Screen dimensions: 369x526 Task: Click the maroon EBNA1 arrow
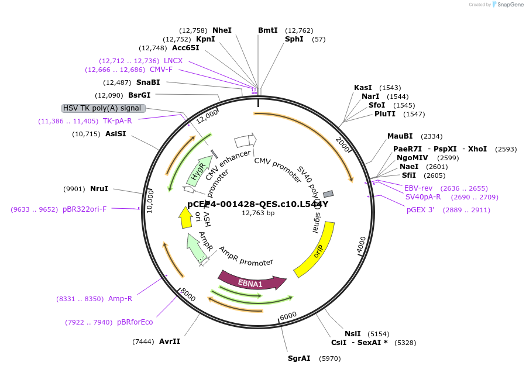pos(252,281)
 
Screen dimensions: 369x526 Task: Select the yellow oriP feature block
pos(315,249)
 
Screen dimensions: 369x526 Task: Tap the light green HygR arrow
pos(200,170)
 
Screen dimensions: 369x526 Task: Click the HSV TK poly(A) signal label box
pos(103,108)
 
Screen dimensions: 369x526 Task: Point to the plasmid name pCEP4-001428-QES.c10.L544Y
pos(257,204)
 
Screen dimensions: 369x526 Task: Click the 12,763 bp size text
pos(258,213)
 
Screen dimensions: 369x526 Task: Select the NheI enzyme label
pos(222,30)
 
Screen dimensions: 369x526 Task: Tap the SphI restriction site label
pos(294,39)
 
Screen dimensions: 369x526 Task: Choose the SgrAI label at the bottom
pos(299,358)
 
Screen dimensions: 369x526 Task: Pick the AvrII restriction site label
pos(170,342)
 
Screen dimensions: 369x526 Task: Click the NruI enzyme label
pos(99,189)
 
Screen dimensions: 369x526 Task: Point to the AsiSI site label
pos(115,134)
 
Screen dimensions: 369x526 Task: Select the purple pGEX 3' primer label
pos(420,210)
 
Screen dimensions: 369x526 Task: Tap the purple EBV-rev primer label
pos(418,188)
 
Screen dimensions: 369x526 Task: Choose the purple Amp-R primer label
pos(120,299)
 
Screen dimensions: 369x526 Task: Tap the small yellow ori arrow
pos(185,219)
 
